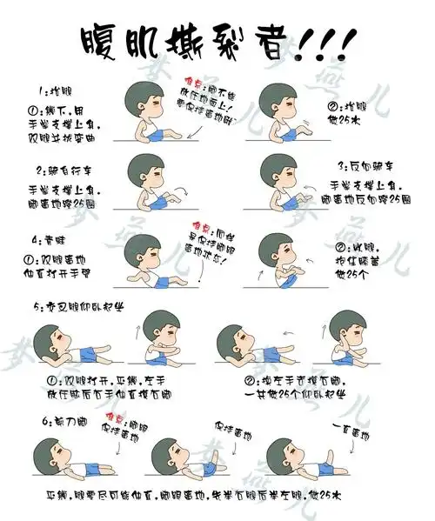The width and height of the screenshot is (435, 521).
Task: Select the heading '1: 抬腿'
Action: tap(55, 90)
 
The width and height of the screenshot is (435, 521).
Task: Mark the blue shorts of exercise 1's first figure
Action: tap(164, 133)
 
